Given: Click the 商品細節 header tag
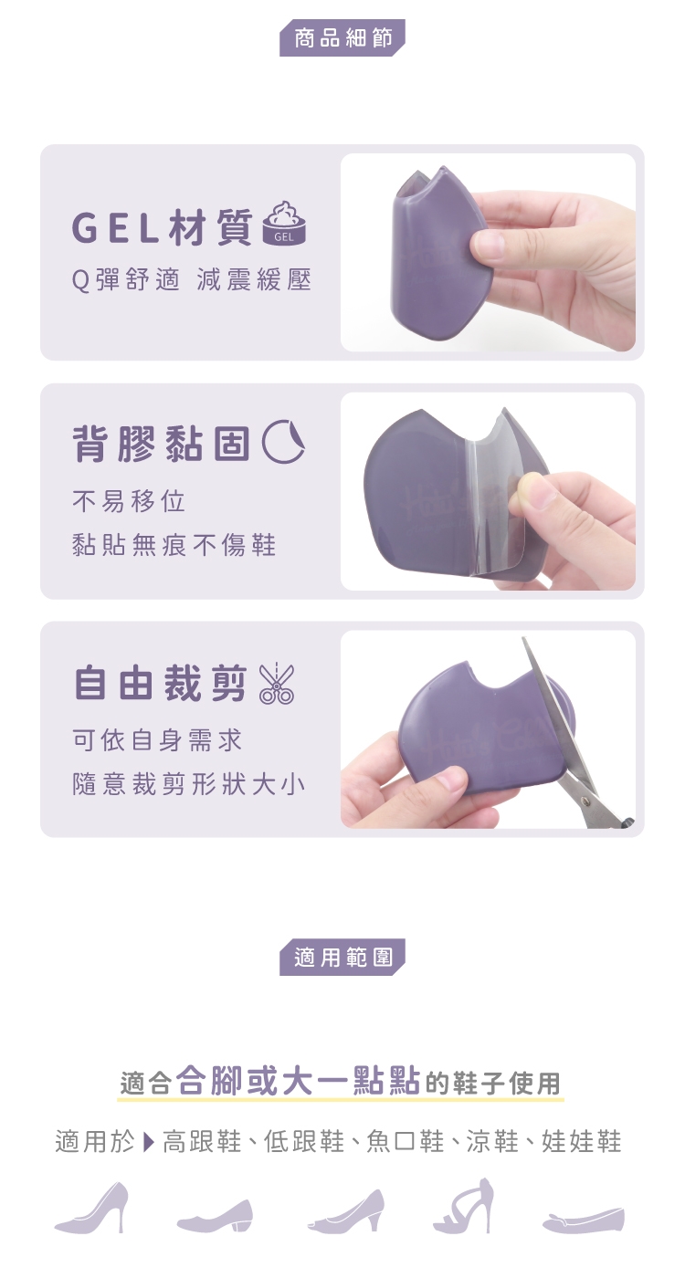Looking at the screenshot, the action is click(342, 37).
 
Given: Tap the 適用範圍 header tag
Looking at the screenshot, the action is click(342, 957).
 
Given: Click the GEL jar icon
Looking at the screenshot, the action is click(284, 223).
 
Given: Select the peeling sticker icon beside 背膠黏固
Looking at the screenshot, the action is click(283, 441).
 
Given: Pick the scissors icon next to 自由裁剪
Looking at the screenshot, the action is click(276, 683).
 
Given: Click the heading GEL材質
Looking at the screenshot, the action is click(162, 227).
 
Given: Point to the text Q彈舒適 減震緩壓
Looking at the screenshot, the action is click(192, 280).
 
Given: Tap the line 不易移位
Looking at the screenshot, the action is click(129, 501).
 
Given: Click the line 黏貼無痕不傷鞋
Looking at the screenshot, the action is click(174, 545).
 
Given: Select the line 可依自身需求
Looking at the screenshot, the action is click(157, 740).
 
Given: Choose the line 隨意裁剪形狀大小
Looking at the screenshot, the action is click(189, 784).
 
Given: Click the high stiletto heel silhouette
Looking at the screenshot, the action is click(93, 1208).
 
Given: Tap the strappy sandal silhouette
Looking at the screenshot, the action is click(464, 1206).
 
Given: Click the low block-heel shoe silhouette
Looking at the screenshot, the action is click(216, 1215).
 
